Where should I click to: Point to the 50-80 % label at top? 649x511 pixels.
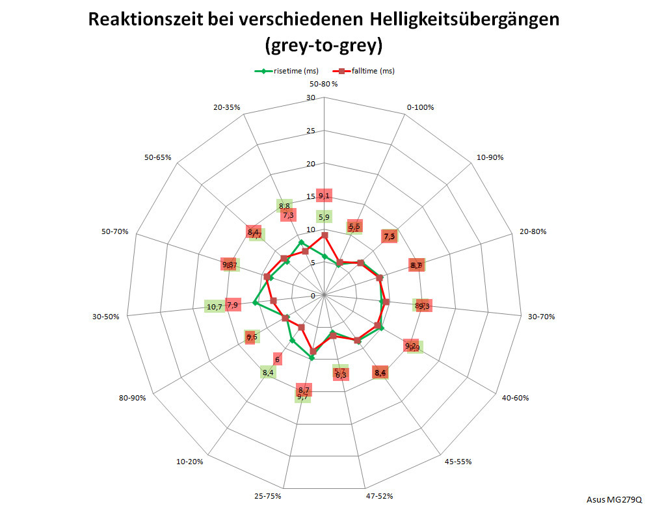pyautogui.click(x=324, y=85)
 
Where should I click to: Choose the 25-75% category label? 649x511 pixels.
pyautogui.click(x=269, y=496)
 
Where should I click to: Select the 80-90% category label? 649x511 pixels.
pyautogui.click(x=132, y=398)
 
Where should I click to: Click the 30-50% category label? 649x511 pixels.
pyautogui.click(x=105, y=317)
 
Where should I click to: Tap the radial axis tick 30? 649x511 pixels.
pyautogui.click(x=311, y=98)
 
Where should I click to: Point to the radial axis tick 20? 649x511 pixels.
pyautogui.click(x=311, y=164)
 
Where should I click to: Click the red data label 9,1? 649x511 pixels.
pyautogui.click(x=324, y=196)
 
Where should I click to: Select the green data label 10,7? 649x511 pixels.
pyautogui.click(x=214, y=307)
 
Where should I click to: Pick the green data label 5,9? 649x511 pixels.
pyautogui.click(x=324, y=217)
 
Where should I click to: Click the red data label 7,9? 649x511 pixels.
pyautogui.click(x=232, y=305)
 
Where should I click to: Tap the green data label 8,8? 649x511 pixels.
pyautogui.click(x=284, y=207)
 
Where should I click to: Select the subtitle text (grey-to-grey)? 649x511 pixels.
pyautogui.click(x=323, y=46)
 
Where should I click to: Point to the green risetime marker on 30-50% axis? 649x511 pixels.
pyautogui.click(x=256, y=304)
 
